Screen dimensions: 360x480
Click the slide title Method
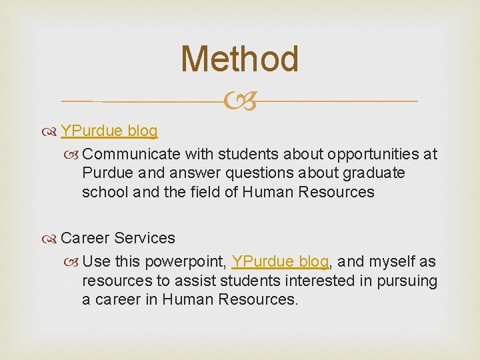(239, 59)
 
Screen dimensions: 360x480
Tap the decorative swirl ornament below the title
(239, 102)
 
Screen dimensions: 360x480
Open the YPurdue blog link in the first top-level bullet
(109, 131)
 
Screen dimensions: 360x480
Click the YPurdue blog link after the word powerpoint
(280, 261)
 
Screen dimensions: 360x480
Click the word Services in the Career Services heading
(145, 238)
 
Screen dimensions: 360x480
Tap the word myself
(391, 261)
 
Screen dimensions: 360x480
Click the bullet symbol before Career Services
(51, 239)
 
